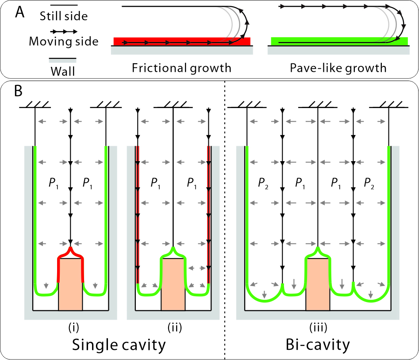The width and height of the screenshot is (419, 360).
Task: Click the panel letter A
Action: (x=19, y=12)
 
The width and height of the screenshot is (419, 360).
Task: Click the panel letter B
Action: (x=19, y=92)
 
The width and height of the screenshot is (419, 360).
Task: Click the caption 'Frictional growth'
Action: (x=181, y=68)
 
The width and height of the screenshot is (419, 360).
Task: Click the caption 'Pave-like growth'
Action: (x=338, y=68)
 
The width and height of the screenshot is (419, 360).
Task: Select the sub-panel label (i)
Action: (x=71, y=328)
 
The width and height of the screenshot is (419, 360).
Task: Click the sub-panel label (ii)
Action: (x=173, y=328)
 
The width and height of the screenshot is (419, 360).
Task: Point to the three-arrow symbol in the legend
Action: (x=63, y=31)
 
